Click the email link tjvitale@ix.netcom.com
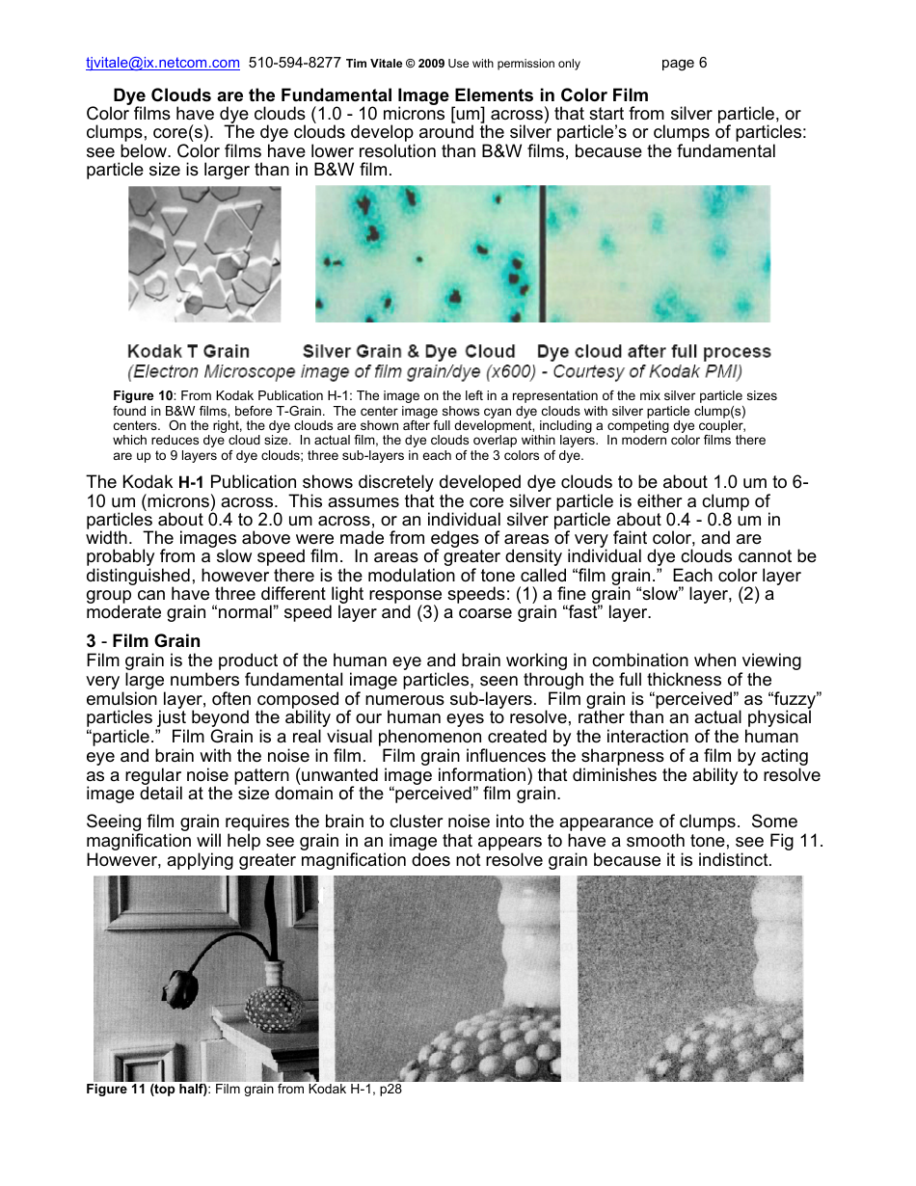tap(162, 64)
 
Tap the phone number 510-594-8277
tap(294, 64)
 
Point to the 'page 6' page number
tap(684, 64)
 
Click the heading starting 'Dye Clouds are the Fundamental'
tap(381, 95)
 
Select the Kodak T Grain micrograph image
tap(204, 255)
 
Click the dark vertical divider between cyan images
tap(542, 255)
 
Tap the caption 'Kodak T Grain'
tap(188, 352)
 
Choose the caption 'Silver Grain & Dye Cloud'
tap(409, 352)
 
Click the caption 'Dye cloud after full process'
tap(654, 352)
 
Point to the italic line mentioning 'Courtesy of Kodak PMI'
tap(434, 371)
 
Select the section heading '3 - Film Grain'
tap(144, 641)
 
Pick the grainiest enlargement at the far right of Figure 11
tap(689, 978)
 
